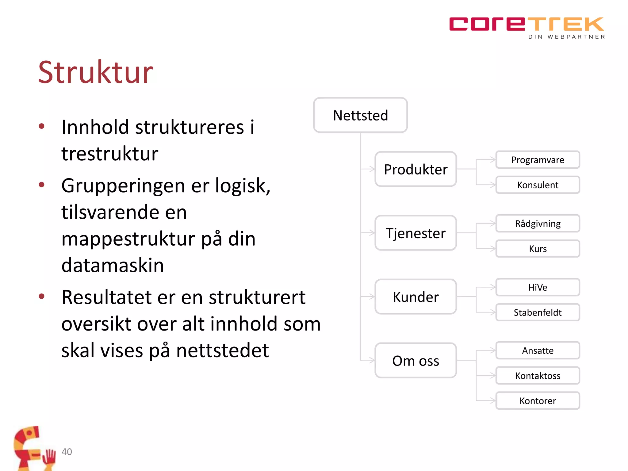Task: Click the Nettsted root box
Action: [x=360, y=115]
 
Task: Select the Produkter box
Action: [x=415, y=169]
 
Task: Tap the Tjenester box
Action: [x=415, y=233]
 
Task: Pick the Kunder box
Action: [x=415, y=297]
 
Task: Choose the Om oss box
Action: [x=415, y=361]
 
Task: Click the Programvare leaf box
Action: [x=538, y=160]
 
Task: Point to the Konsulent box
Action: [x=538, y=185]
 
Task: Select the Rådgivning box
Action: [x=538, y=224]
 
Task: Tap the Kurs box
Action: [x=538, y=249]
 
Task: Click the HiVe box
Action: [x=538, y=287]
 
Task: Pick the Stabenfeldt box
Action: [x=538, y=312]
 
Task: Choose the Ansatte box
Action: [x=538, y=350]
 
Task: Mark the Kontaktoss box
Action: [x=538, y=376]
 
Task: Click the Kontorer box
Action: [x=538, y=401]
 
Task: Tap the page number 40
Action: [x=67, y=452]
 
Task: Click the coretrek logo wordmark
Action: [x=526, y=25]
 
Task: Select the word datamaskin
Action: [x=113, y=265]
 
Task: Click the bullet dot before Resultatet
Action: [x=42, y=296]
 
